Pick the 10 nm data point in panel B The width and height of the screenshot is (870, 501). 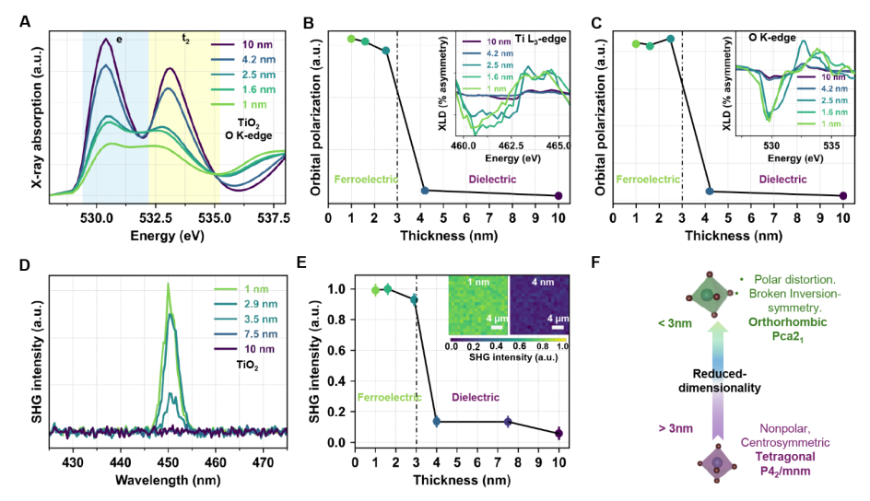[559, 195]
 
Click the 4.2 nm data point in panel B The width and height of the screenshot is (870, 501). [425, 190]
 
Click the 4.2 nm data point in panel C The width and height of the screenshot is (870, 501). [710, 191]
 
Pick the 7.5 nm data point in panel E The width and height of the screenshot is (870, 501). [507, 422]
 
